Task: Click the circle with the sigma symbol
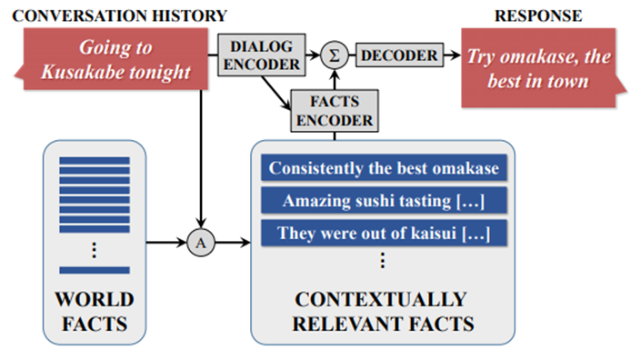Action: [x=336, y=55]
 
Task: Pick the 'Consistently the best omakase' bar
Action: [x=383, y=168]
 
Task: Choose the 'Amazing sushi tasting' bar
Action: [x=383, y=201]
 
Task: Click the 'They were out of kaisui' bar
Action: [x=383, y=233]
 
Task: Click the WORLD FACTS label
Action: [x=95, y=310]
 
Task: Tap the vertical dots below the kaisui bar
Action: [x=382, y=262]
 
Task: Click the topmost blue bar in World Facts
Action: [x=95, y=161]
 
